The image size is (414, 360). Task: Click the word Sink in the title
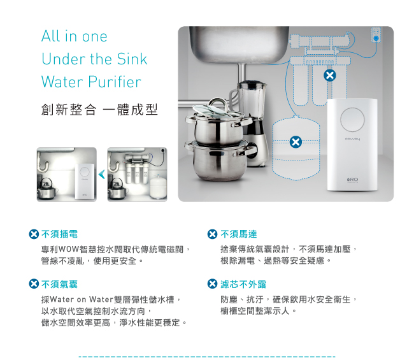click(x=132, y=59)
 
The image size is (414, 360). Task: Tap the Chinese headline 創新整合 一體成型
click(x=99, y=110)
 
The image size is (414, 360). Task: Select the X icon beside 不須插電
click(x=34, y=234)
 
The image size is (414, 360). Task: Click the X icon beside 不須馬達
click(x=213, y=234)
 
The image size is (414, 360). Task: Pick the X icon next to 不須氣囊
click(x=34, y=284)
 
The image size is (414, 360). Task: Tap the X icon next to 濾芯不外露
click(x=213, y=284)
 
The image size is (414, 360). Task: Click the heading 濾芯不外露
click(x=243, y=284)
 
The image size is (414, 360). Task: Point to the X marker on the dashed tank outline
click(x=296, y=142)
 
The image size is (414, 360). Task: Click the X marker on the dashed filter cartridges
click(x=330, y=75)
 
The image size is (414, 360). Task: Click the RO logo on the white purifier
click(x=353, y=180)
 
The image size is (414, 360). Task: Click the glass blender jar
click(x=252, y=101)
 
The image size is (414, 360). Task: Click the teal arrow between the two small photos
click(x=102, y=175)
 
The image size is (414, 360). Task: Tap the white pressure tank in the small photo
click(x=158, y=187)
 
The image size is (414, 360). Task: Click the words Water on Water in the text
click(x=82, y=299)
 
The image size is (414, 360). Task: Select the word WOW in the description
click(x=69, y=248)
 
